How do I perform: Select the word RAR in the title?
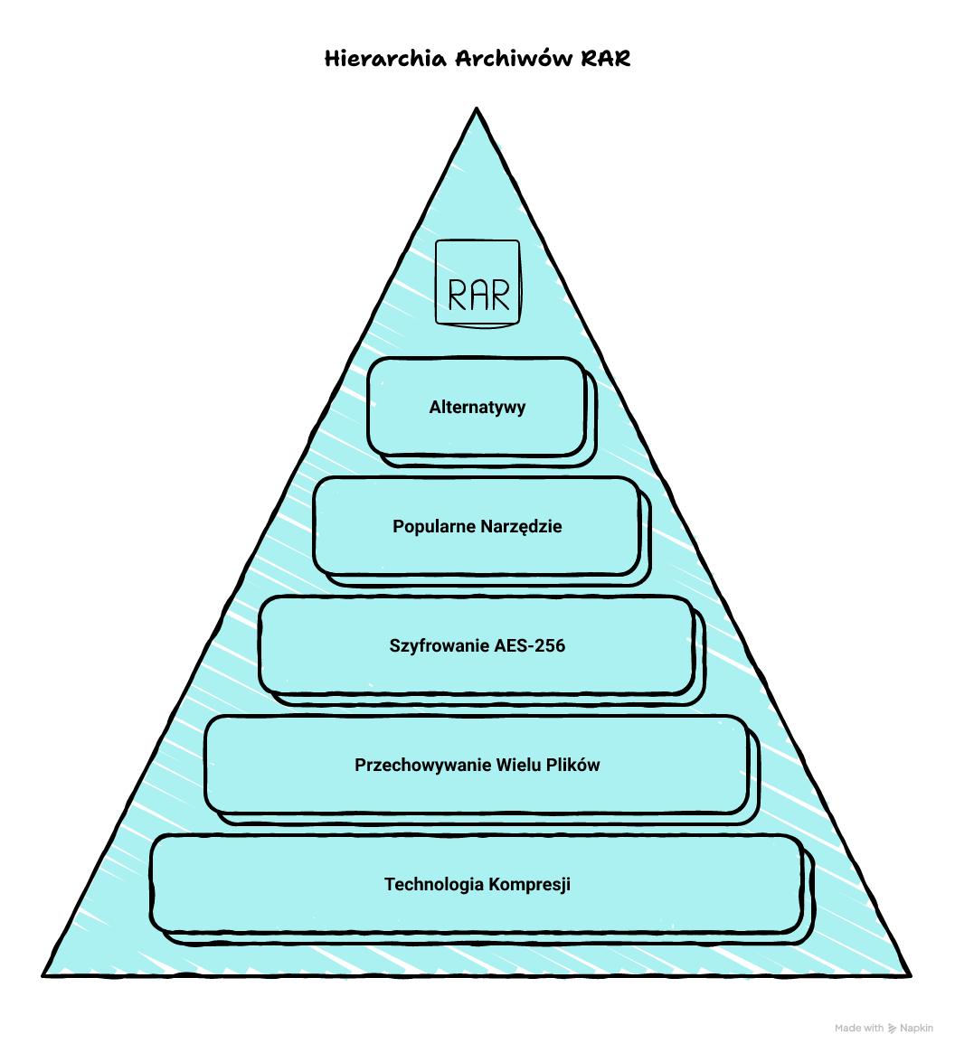tap(606, 60)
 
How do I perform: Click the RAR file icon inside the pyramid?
tap(477, 282)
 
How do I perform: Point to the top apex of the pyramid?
tap(476, 109)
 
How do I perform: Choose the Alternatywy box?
tap(477, 407)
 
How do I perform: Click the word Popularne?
tap(434, 526)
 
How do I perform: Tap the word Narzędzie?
tap(521, 526)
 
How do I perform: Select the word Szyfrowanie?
tap(440, 645)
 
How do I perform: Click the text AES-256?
tap(530, 645)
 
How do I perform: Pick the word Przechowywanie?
tap(423, 765)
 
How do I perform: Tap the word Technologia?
tap(434, 884)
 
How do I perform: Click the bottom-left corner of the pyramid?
tap(44, 974)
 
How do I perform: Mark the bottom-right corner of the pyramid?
tap(909, 974)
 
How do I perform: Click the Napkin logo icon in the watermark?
tap(894, 1028)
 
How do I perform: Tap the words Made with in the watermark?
tap(859, 1028)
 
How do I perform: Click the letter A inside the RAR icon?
tap(478, 295)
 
